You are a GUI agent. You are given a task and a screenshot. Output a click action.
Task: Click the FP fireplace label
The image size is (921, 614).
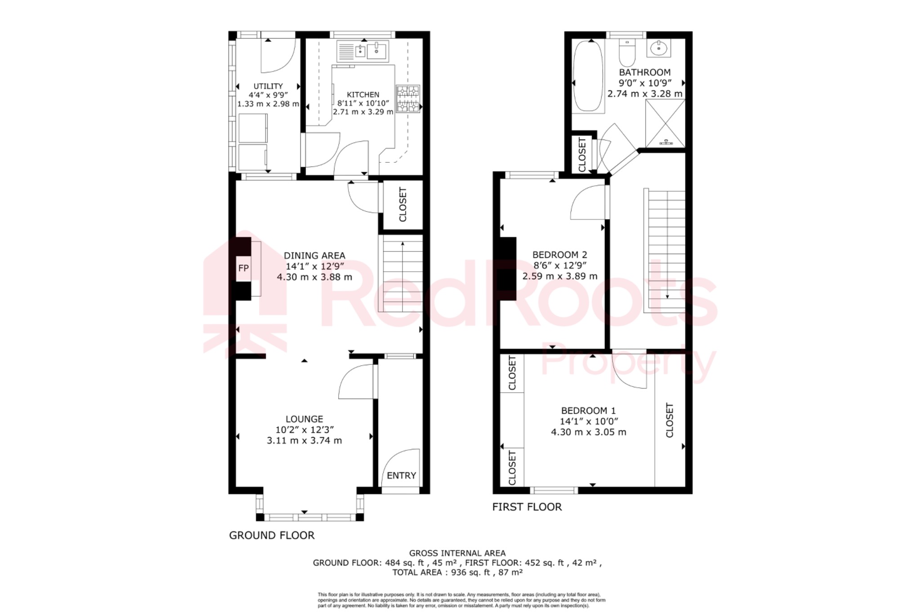click(x=243, y=268)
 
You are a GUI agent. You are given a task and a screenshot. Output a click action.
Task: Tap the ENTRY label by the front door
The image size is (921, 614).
click(x=401, y=475)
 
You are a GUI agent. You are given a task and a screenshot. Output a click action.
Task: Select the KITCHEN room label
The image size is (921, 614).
click(x=363, y=94)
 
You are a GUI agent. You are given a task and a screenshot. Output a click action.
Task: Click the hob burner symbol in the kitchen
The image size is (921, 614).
click(x=408, y=99)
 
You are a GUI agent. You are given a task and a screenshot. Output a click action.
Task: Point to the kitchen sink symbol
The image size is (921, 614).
click(x=363, y=51)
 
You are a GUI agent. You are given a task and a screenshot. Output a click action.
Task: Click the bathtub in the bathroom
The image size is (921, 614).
click(x=588, y=76)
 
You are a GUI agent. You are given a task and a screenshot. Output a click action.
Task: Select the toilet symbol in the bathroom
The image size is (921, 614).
click(x=626, y=53)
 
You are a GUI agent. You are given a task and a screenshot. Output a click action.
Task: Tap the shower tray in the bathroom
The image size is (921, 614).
click(x=665, y=123)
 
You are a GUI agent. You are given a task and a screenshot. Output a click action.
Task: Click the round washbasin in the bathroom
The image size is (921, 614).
click(x=659, y=47)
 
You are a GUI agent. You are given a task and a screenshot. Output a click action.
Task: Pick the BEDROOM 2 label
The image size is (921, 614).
click(x=559, y=255)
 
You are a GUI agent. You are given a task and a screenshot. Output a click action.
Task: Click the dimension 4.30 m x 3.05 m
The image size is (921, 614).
click(x=588, y=432)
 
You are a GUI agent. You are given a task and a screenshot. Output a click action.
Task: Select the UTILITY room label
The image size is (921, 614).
click(x=268, y=86)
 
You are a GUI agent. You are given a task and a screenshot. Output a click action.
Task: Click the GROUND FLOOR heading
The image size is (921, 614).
click(x=272, y=535)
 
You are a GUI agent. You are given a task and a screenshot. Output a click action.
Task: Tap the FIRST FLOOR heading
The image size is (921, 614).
click(x=527, y=507)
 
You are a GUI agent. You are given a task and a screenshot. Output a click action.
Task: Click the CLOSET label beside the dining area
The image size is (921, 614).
click(x=402, y=205)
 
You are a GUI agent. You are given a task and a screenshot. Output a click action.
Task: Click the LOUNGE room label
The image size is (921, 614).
click(x=304, y=419)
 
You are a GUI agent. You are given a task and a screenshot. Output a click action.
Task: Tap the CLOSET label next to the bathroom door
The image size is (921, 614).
click(x=582, y=155)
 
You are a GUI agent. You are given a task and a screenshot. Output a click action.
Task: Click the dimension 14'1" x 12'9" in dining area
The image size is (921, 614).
click(x=314, y=266)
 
